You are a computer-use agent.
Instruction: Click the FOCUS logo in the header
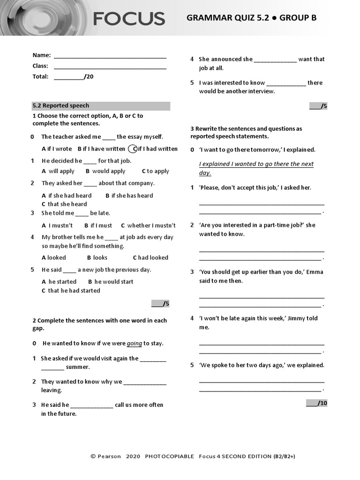pyautogui.click(x=128, y=19)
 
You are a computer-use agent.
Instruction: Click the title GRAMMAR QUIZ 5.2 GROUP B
pyautogui.click(x=251, y=18)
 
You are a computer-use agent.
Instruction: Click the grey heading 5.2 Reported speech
pyautogui.click(x=101, y=106)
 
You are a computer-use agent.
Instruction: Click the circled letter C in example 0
pyautogui.click(x=134, y=149)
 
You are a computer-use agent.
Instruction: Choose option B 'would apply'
pyautogui.click(x=105, y=172)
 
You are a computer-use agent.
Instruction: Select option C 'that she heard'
pyautogui.click(x=64, y=204)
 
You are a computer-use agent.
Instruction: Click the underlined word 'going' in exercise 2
pyautogui.click(x=134, y=344)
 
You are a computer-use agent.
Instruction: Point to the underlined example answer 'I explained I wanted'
pyautogui.click(x=256, y=164)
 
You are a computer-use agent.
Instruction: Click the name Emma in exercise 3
pyautogui.click(x=315, y=272)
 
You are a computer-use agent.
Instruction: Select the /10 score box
pyautogui.click(x=316, y=403)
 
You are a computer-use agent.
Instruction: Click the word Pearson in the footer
pyautogui.click(x=109, y=456)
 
